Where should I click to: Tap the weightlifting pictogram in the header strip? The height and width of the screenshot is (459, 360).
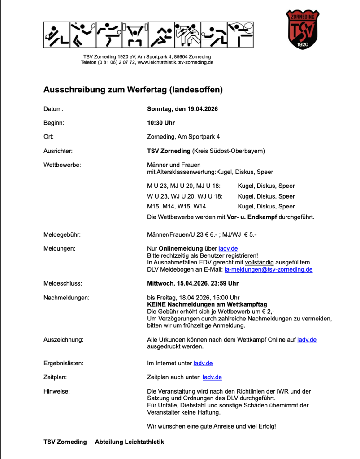[135, 35]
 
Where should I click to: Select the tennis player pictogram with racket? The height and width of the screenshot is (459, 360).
[82, 35]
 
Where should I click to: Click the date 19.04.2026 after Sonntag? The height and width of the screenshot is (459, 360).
[203, 109]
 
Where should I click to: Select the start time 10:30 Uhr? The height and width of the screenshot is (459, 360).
[161, 123]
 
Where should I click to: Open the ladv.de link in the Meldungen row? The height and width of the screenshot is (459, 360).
[228, 248]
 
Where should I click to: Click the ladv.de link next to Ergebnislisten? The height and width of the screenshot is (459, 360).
[203, 363]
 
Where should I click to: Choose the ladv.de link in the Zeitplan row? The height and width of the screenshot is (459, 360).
[212, 377]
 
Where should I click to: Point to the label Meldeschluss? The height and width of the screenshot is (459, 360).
[62, 283]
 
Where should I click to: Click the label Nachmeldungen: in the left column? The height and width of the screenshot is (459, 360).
[66, 297]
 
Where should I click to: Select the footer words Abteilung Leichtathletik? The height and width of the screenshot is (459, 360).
[129, 442]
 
